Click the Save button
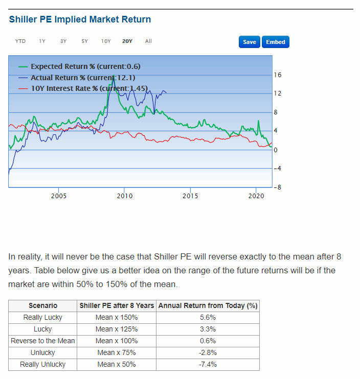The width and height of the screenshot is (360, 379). click(x=250, y=42)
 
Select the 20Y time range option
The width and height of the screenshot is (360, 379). click(x=127, y=41)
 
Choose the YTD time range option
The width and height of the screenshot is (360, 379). click(x=20, y=41)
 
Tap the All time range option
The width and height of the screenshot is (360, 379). click(x=148, y=41)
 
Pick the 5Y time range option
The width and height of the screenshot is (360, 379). click(x=84, y=41)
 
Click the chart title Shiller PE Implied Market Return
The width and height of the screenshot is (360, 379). click(x=80, y=19)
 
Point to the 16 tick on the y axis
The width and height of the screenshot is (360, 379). click(x=278, y=75)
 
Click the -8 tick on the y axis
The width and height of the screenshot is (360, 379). click(x=278, y=187)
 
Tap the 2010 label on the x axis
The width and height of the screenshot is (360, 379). click(x=125, y=196)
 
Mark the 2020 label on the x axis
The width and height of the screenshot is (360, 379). click(x=256, y=196)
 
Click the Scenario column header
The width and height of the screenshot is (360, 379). click(x=43, y=305)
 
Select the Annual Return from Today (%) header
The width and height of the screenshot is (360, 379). click(x=208, y=305)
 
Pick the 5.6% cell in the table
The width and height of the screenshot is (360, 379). click(x=208, y=317)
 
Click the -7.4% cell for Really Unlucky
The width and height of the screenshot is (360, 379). click(x=208, y=364)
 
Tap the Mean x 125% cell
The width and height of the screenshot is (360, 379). click(x=117, y=329)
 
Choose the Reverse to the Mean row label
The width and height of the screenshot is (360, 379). click(x=43, y=341)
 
